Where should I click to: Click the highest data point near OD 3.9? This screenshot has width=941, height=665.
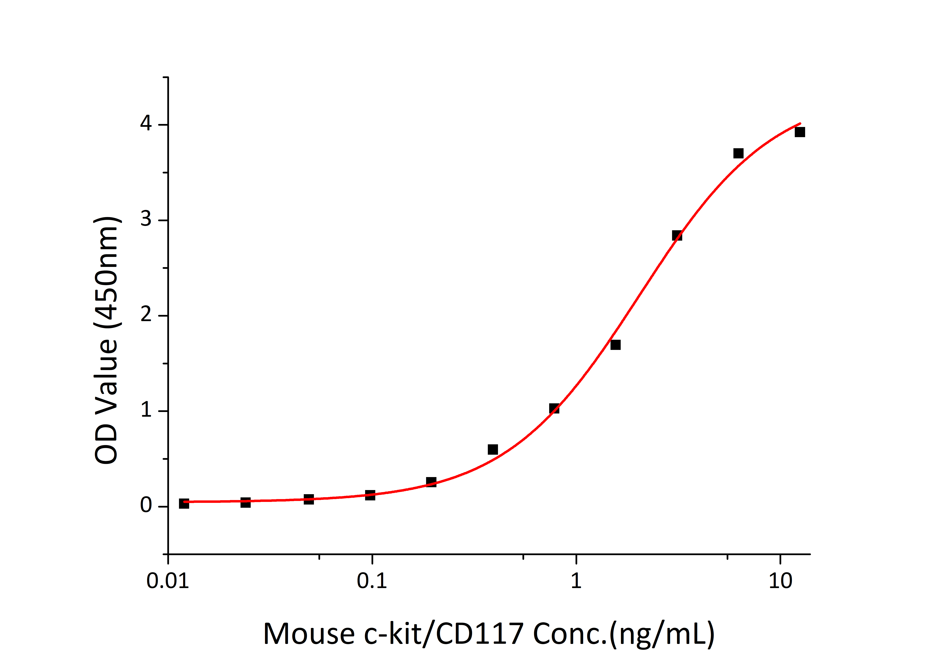[x=800, y=132]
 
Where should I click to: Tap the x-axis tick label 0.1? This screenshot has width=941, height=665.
[x=372, y=581]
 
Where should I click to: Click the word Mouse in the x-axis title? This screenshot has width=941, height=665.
[x=309, y=634]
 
